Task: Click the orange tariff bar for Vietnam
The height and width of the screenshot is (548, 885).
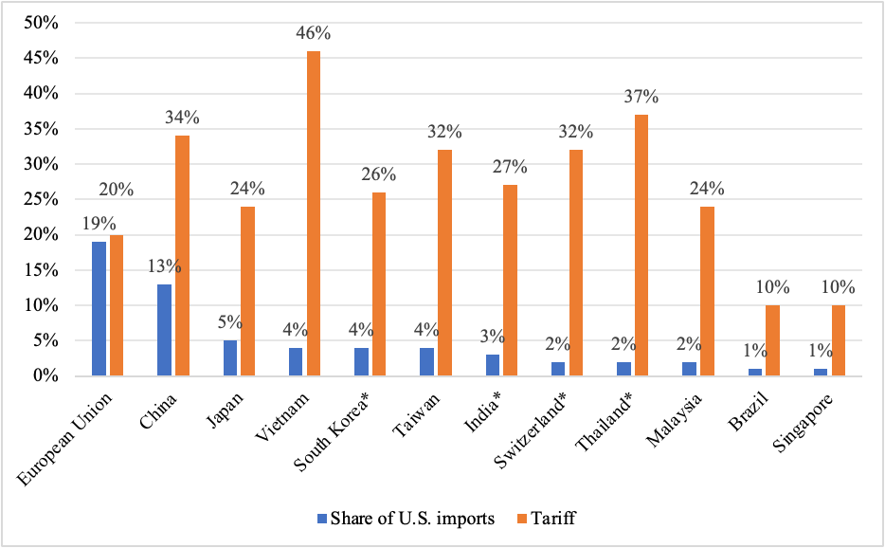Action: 313,213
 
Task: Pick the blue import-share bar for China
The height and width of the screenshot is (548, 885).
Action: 163,330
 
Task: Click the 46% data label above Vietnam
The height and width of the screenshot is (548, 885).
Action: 314,33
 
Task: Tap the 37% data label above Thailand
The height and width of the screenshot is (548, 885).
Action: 641,97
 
